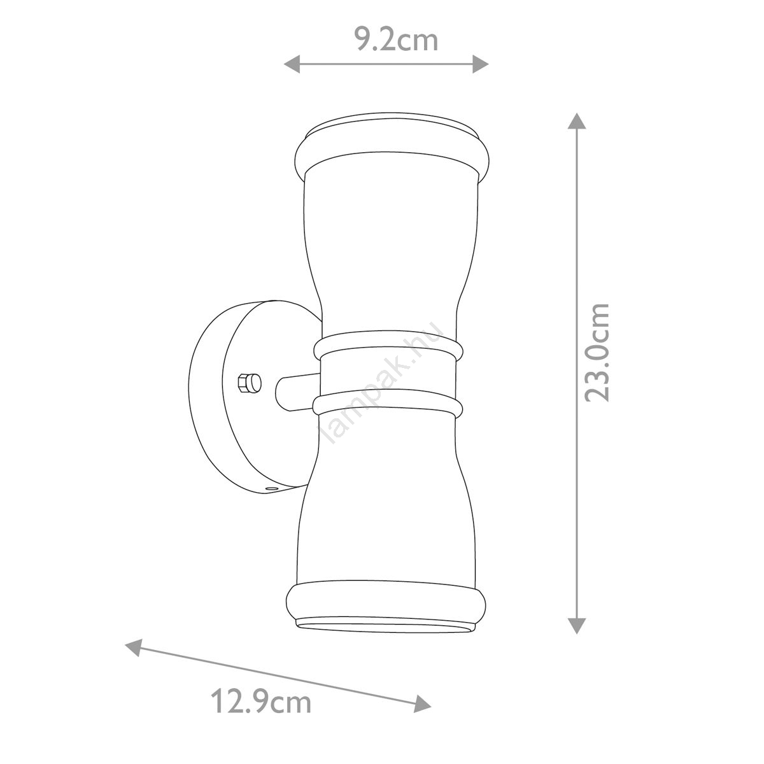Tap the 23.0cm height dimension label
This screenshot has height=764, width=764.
coord(597,352)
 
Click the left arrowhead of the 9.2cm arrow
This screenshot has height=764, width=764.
coord(292,64)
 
